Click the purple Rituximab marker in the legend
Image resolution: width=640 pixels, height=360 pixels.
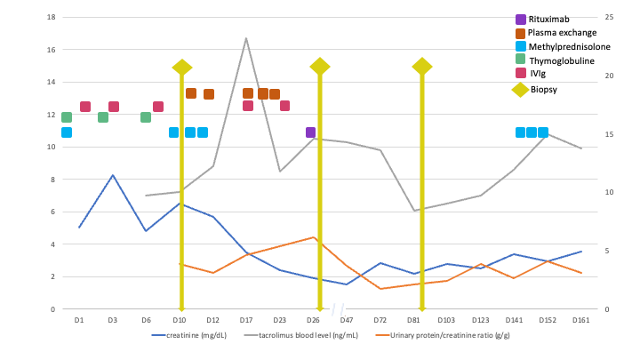point(521,20)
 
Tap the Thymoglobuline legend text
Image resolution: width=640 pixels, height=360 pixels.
point(562,60)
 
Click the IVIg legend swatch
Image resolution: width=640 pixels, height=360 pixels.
point(521,74)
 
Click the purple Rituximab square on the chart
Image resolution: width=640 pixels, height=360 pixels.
point(310,132)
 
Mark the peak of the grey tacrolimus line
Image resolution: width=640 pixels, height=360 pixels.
point(246,38)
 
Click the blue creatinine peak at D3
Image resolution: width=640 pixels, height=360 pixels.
point(113,175)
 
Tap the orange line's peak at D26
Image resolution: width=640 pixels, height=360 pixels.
point(313,237)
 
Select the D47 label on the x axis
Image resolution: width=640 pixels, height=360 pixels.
point(346,319)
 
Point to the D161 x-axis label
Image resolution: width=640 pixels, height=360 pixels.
point(581,319)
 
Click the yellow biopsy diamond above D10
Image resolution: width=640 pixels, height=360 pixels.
point(182,68)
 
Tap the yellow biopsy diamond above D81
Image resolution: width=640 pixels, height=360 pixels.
point(422,67)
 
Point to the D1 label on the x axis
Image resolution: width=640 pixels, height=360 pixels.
point(79,319)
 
